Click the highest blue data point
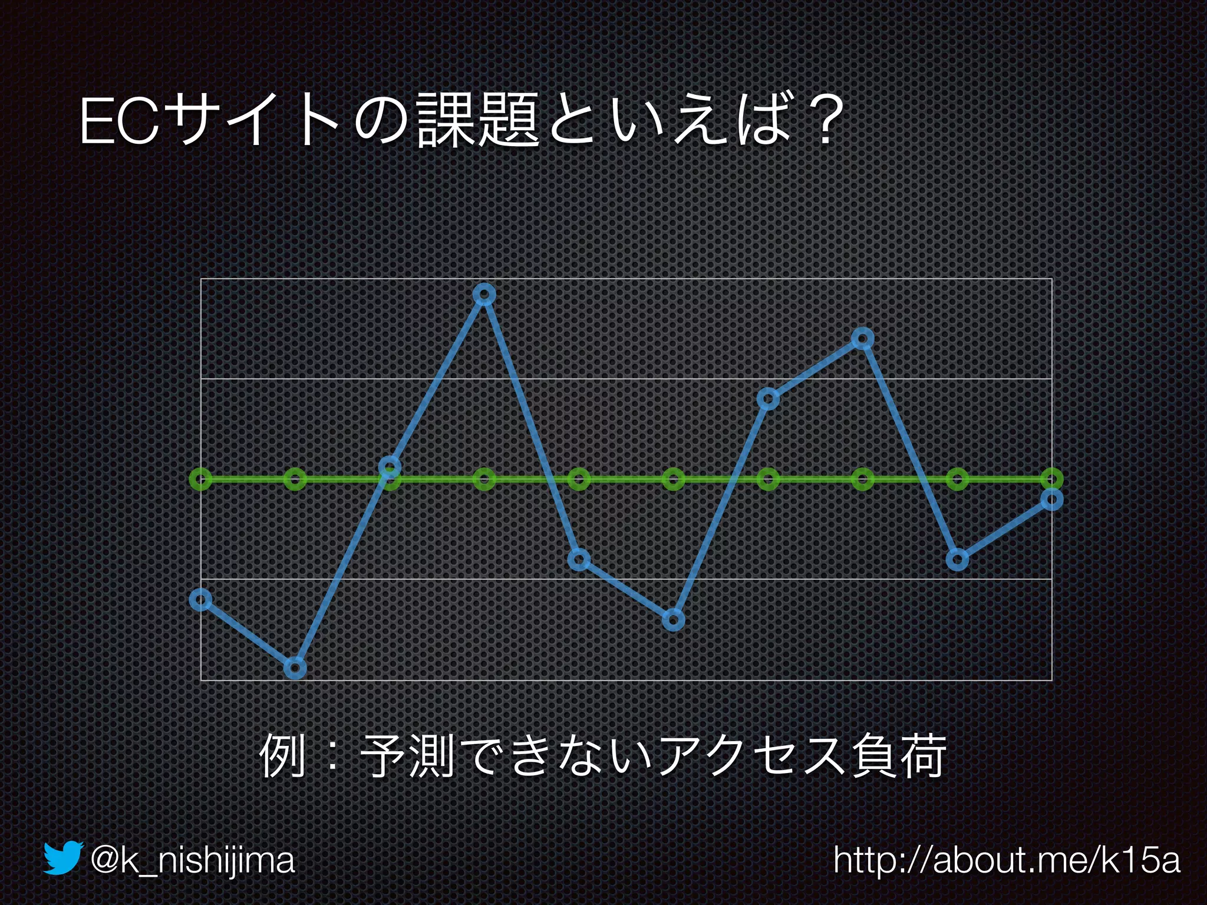click(x=484, y=294)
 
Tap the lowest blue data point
click(x=295, y=668)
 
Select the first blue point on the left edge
click(x=201, y=600)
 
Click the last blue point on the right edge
click(x=1052, y=500)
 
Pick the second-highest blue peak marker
click(x=863, y=339)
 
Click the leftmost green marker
click(x=201, y=479)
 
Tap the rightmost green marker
click(x=1052, y=479)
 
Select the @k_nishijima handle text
click(x=192, y=860)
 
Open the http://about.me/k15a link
click(x=1007, y=860)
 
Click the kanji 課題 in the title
click(x=477, y=122)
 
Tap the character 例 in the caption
click(x=282, y=757)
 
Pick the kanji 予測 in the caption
click(x=407, y=757)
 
